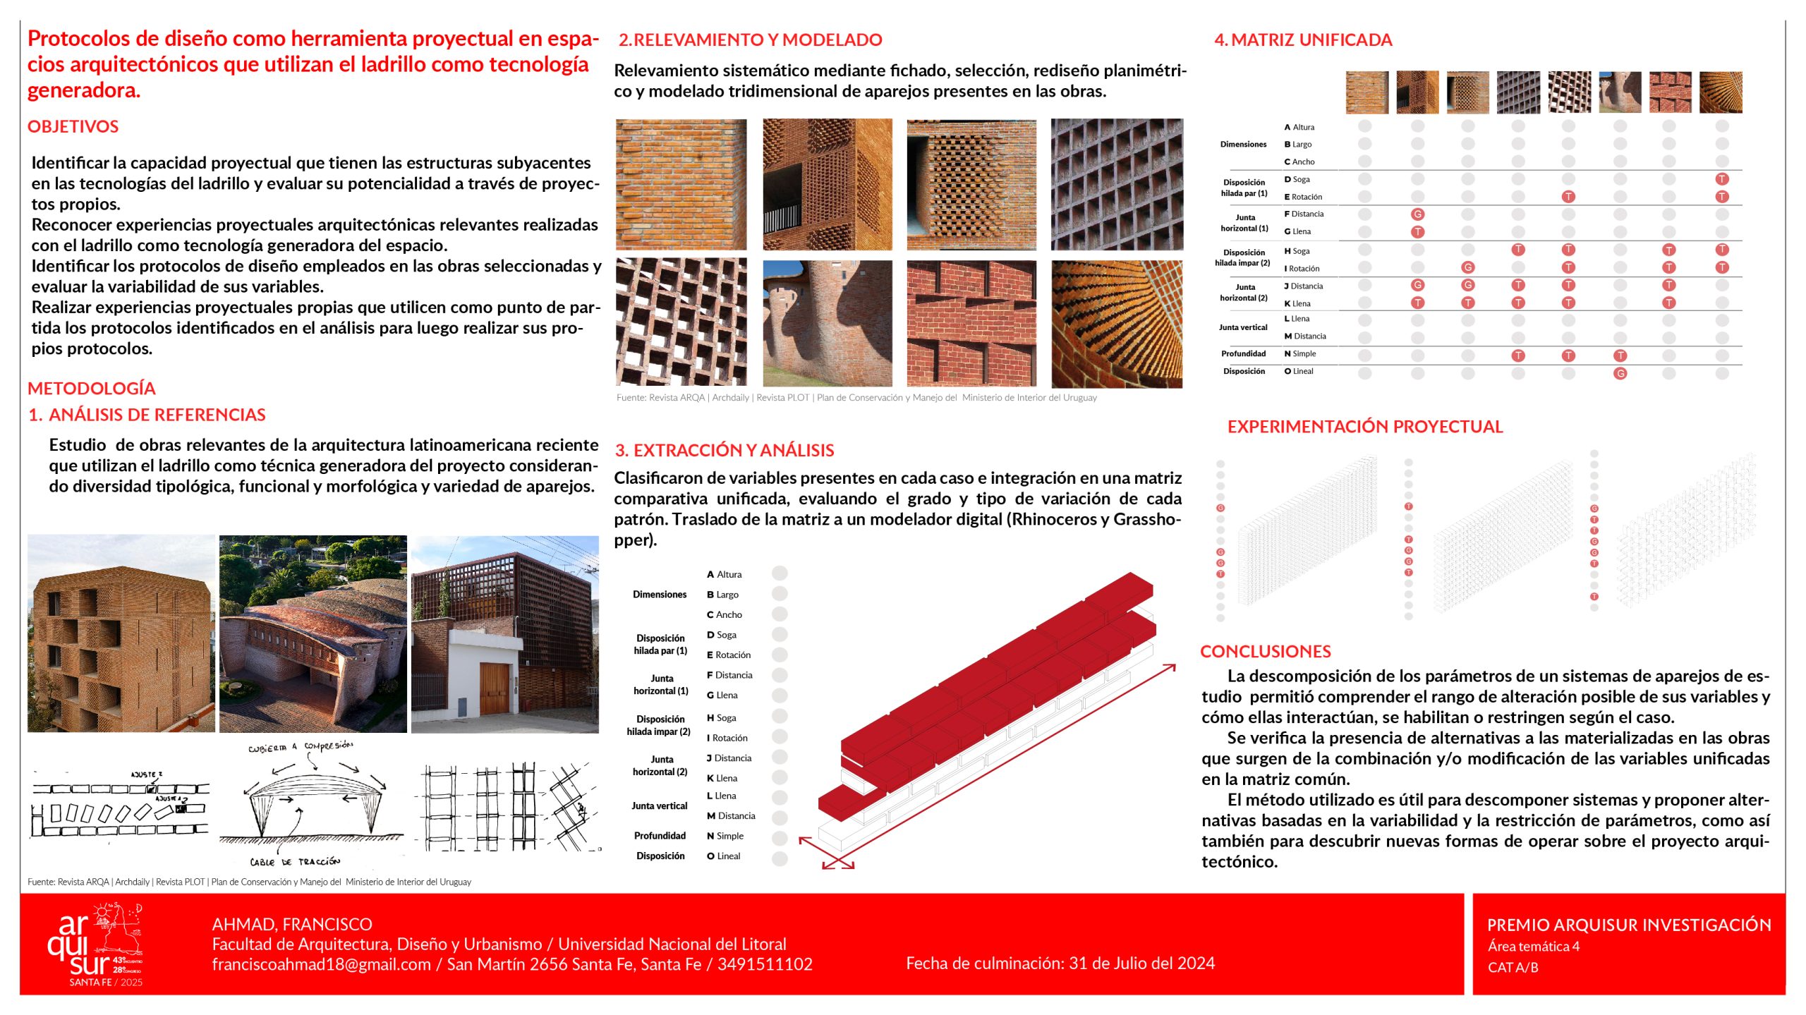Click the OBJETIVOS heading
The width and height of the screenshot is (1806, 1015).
[73, 127]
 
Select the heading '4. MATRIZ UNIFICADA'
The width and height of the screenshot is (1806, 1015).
[1303, 40]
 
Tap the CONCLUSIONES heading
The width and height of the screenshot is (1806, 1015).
[1266, 651]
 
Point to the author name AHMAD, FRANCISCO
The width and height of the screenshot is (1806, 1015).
[292, 924]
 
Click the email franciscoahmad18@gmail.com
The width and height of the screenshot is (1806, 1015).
[321, 964]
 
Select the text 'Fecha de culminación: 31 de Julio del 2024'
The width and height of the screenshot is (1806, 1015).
[1060, 963]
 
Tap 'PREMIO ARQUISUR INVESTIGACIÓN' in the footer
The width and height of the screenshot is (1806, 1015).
[1628, 925]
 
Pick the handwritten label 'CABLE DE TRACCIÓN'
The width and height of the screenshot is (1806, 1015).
[295, 862]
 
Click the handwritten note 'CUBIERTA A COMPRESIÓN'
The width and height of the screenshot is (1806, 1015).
[300, 747]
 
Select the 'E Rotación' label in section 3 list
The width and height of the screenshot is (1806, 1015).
[729, 655]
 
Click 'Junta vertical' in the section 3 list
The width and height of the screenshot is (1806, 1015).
[659, 806]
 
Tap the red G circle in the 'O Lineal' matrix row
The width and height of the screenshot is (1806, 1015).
[1620, 373]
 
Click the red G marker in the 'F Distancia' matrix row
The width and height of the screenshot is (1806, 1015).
[1417, 214]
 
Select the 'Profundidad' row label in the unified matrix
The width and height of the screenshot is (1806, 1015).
[1243, 354]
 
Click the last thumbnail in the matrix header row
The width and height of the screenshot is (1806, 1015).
[1721, 92]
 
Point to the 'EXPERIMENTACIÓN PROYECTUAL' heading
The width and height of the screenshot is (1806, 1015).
[1364, 427]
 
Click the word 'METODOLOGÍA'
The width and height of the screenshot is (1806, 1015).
[92, 388]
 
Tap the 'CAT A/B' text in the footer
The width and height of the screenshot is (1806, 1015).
[1513, 967]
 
